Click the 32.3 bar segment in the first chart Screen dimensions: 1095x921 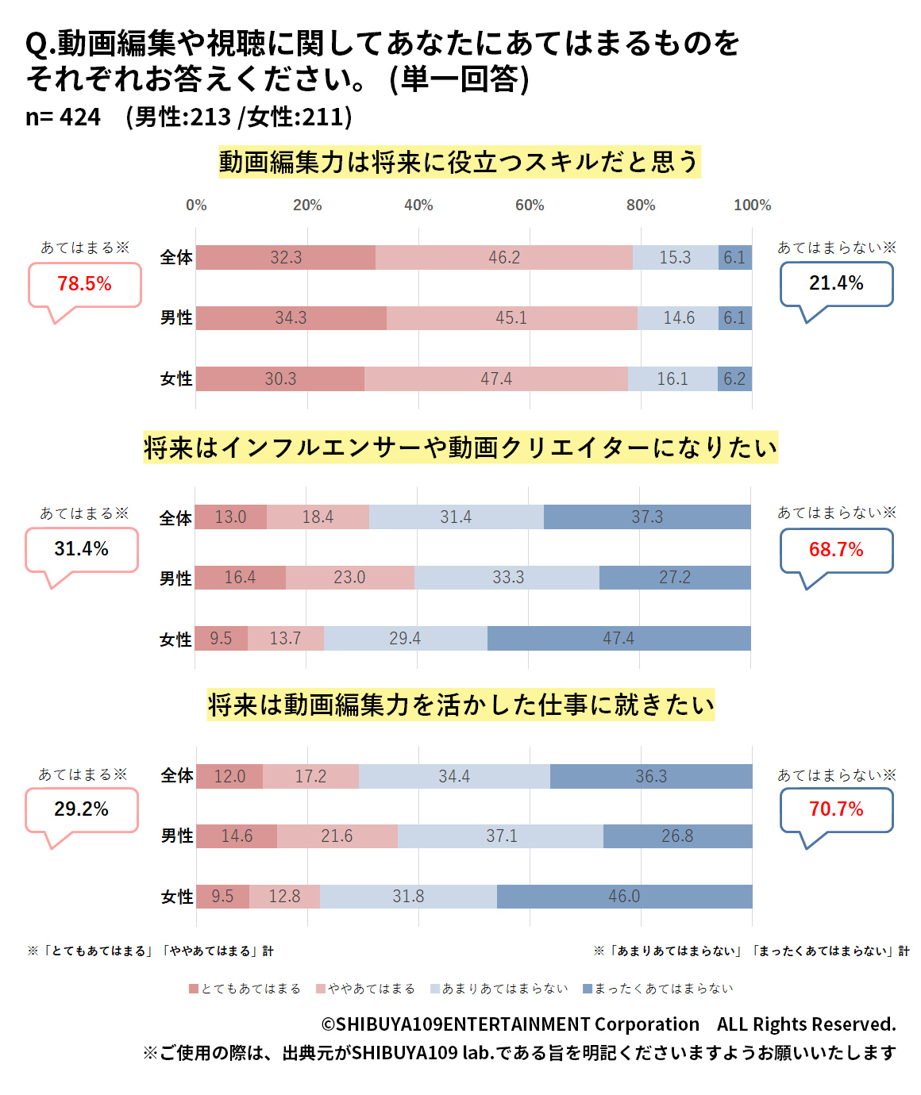pos(286,258)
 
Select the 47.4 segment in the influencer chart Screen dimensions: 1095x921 pos(618,639)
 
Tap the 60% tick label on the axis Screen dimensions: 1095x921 pos(530,206)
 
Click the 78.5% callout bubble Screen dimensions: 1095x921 pos(84,284)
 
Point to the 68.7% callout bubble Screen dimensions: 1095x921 pos(836,550)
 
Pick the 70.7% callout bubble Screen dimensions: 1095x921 pos(836,809)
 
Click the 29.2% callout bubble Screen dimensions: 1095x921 pos(81,809)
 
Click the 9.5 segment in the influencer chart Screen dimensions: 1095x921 pos(221,639)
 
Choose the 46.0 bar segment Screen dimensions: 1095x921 pos(624,897)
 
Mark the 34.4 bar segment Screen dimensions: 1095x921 pos(454,777)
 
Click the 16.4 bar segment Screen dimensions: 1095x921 pos(240,578)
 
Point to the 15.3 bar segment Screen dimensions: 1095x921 pos(675,258)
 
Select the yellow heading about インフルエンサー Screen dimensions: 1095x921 pos(460,448)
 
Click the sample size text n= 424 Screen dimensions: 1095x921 pos(63,117)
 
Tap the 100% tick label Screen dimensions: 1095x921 pos(752,206)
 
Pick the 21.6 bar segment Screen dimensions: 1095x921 pos(337,836)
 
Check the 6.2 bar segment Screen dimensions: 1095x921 pos(734,379)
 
